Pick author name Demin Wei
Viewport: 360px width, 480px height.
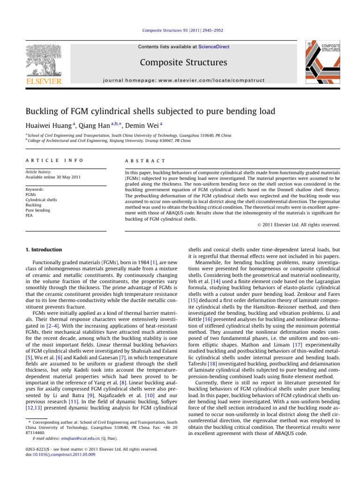[x=125, y=124]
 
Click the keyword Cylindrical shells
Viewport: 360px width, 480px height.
[x=35, y=199]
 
